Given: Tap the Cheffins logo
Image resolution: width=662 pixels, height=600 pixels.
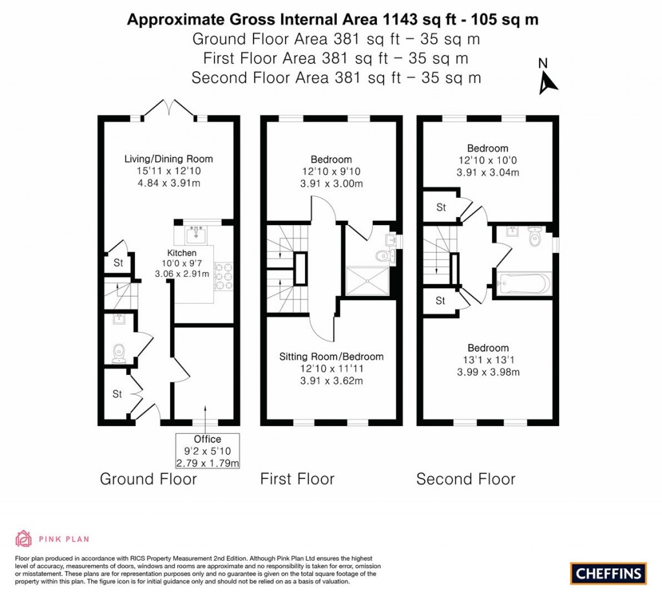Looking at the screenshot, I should (608, 573).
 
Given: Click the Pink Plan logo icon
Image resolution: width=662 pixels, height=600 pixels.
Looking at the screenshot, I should (24, 538).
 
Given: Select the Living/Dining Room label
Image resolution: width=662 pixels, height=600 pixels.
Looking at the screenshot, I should (169, 158).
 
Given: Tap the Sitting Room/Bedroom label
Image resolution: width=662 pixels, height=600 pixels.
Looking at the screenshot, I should (331, 356).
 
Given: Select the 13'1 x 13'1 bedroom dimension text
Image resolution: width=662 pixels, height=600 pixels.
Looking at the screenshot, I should (488, 360).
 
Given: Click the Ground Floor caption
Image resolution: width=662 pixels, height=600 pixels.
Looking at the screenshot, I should (148, 479).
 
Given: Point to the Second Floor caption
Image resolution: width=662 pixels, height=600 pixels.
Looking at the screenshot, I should (465, 479).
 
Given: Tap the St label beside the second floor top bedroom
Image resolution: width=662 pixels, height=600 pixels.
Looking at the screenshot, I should (441, 208).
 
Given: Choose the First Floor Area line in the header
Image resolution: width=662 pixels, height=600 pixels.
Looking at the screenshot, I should (336, 58).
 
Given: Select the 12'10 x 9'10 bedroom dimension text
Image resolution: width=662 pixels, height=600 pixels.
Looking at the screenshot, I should (331, 171).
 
